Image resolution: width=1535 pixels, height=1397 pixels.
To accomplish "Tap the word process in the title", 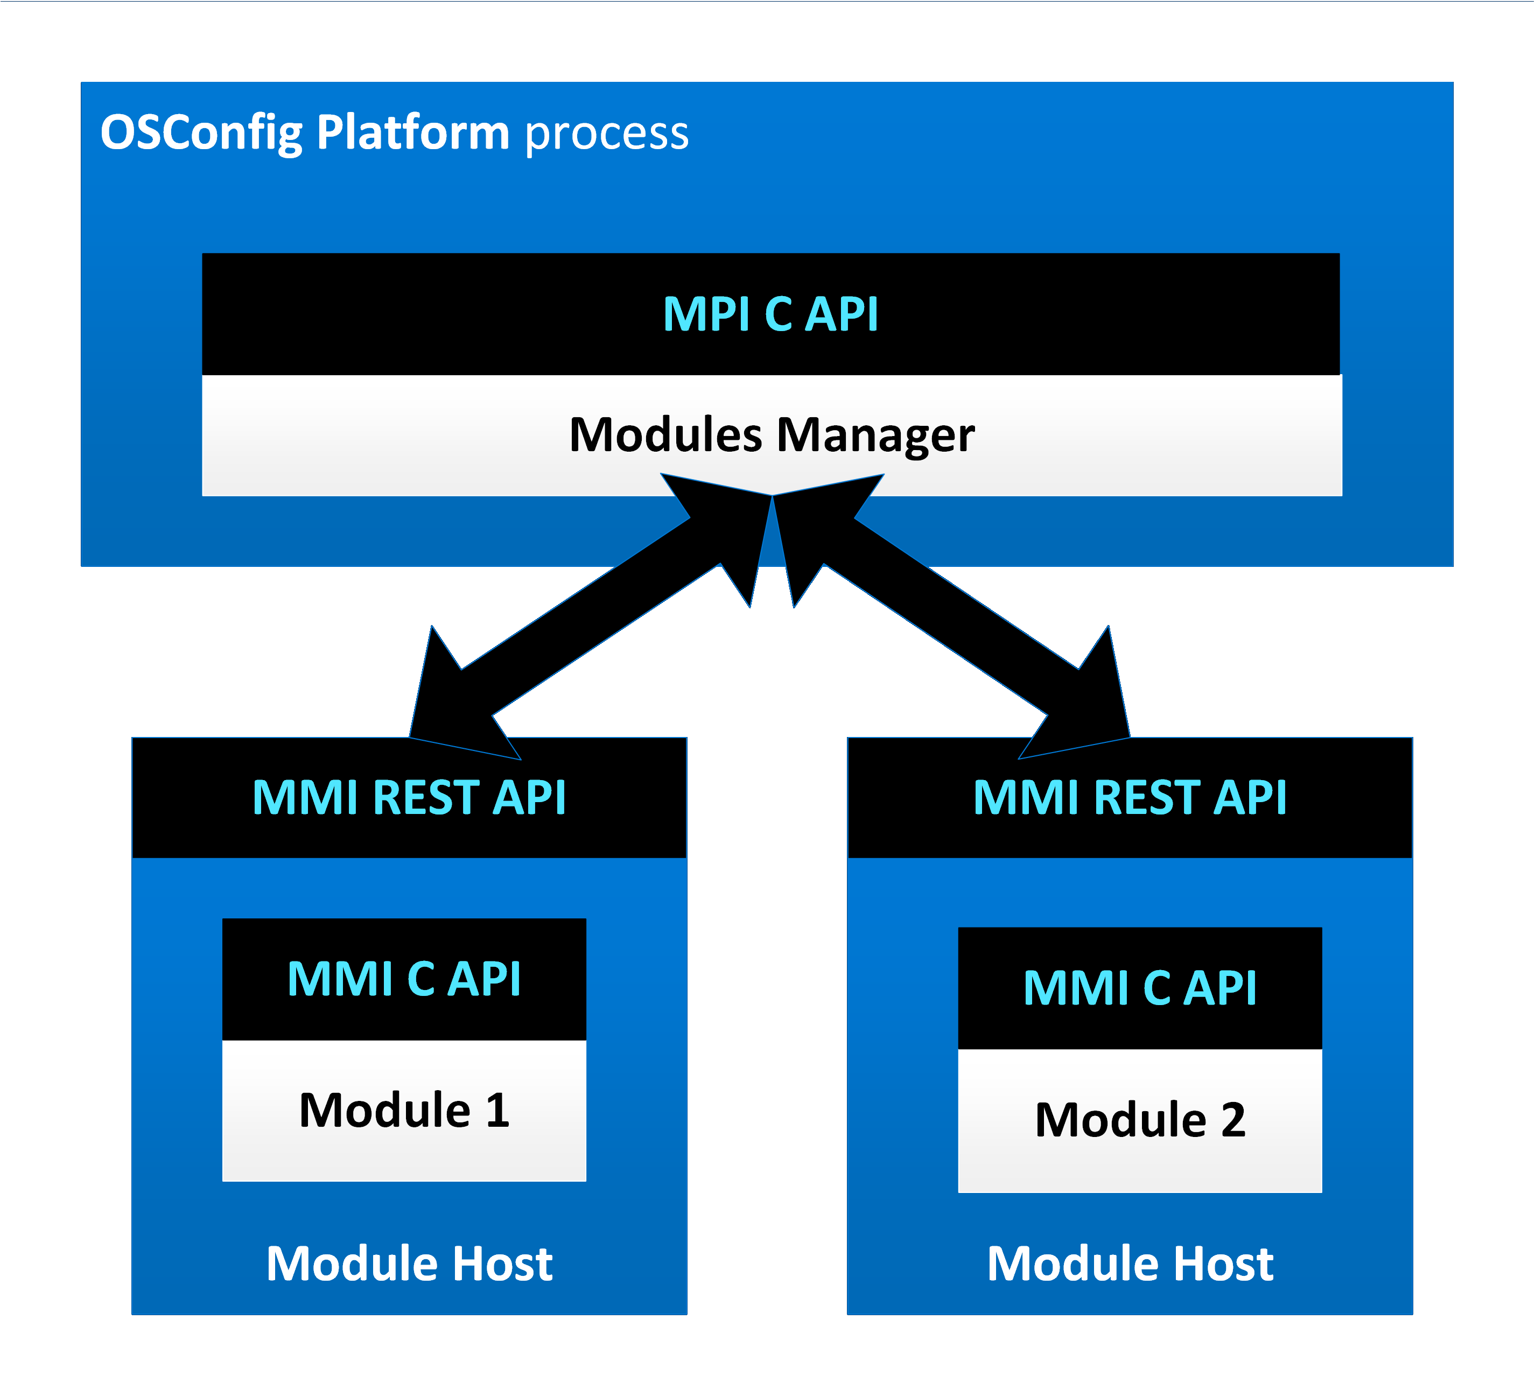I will [x=607, y=133].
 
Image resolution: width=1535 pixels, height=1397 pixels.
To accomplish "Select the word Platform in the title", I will [x=412, y=133].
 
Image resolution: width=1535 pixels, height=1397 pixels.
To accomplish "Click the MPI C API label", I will [x=770, y=314].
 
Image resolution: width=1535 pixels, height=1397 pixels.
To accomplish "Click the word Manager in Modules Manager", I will [x=875, y=436].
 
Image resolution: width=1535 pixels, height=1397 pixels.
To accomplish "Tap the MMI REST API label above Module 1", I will [x=409, y=798].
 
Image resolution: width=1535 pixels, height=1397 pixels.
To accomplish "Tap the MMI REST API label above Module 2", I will [x=1130, y=798].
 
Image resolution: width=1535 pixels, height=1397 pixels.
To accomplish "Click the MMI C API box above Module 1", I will [x=404, y=979].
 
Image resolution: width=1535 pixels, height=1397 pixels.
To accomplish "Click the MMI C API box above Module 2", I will [x=1140, y=988].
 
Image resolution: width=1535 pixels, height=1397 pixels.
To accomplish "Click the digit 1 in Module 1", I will [x=497, y=1111].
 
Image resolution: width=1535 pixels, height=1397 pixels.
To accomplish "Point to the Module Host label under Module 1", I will [x=409, y=1265].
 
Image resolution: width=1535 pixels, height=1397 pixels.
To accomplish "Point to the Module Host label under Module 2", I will [x=1130, y=1265].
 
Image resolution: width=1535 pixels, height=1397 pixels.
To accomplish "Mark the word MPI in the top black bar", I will [x=706, y=314].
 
